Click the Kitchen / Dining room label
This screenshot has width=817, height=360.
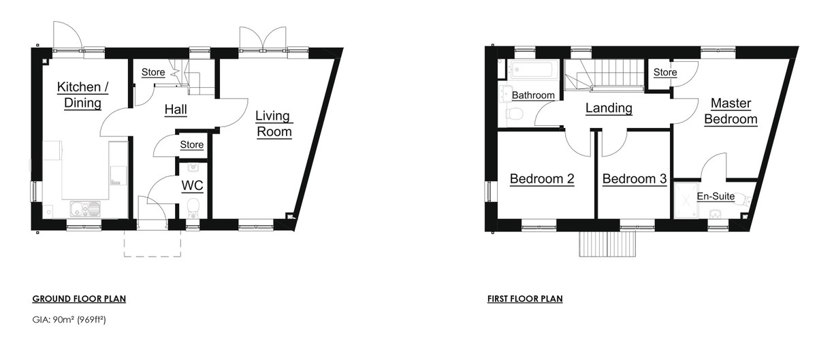(x=82, y=95)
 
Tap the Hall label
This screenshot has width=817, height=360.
(x=176, y=110)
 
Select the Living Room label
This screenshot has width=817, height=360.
(x=274, y=124)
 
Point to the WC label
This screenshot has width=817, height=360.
(x=192, y=186)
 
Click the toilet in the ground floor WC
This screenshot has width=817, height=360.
(x=193, y=208)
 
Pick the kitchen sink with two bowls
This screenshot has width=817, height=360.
(x=85, y=208)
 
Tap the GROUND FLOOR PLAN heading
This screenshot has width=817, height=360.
(x=79, y=299)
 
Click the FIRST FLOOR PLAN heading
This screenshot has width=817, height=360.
(x=525, y=299)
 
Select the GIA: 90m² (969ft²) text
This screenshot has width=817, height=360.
(x=69, y=320)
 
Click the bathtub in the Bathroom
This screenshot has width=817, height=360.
(x=534, y=69)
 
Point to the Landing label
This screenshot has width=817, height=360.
(x=609, y=108)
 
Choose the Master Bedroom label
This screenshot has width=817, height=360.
(x=731, y=111)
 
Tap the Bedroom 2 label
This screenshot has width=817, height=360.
(x=542, y=179)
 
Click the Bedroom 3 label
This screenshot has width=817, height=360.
(x=635, y=179)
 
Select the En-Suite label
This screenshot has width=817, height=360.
(x=716, y=196)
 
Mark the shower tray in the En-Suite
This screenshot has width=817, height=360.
(x=686, y=201)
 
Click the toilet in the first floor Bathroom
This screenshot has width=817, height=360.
(x=514, y=114)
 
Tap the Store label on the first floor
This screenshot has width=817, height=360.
(x=665, y=72)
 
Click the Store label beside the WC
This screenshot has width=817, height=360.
(x=192, y=145)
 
